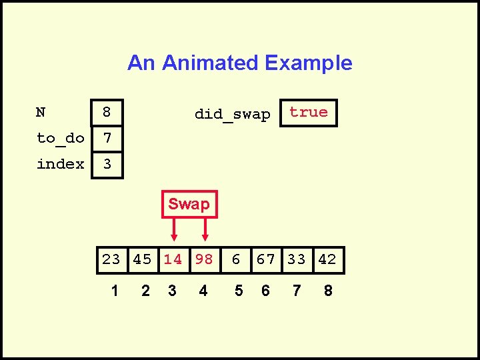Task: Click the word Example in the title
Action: [x=308, y=63]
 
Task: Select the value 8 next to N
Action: [x=106, y=113]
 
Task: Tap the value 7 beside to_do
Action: [x=106, y=139]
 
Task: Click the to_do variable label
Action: [x=60, y=139]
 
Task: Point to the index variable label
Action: [x=60, y=164]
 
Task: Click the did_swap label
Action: [x=232, y=115]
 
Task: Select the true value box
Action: [x=309, y=113]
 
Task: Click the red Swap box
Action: [x=189, y=204]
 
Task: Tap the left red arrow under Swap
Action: [x=174, y=229]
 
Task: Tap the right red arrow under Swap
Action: [x=205, y=229]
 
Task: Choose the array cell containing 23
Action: [x=111, y=259]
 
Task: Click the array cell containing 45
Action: [x=142, y=259]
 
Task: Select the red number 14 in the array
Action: [x=173, y=259]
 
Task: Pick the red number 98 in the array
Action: [x=204, y=259]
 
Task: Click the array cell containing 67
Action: [x=266, y=259]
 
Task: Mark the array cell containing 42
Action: [x=327, y=259]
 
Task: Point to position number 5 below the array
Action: [x=239, y=291]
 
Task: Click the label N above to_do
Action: [x=41, y=113]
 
